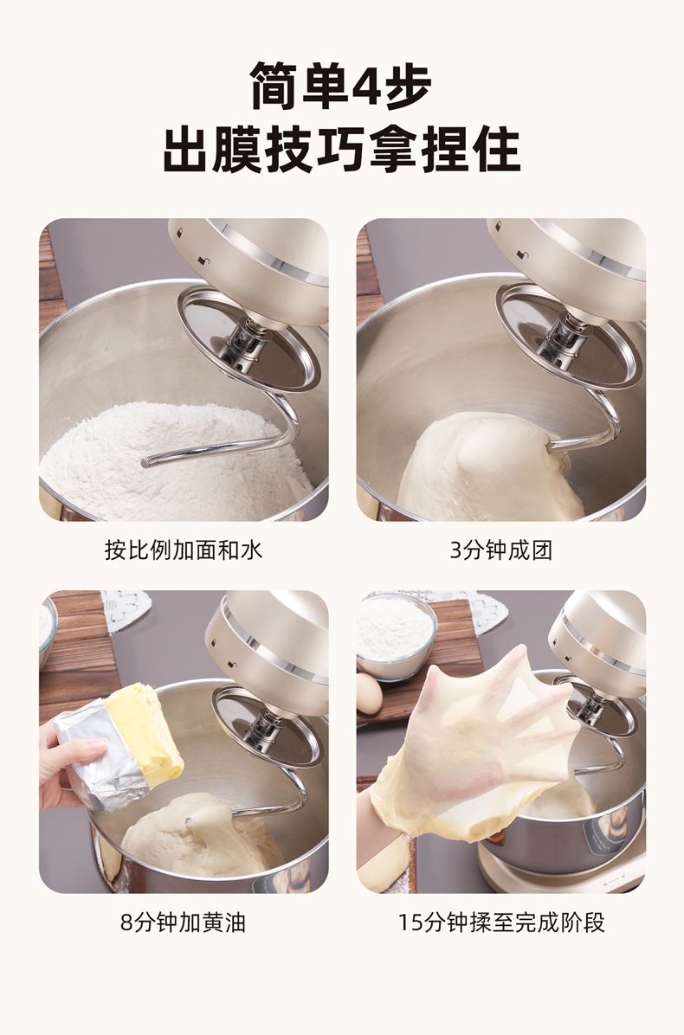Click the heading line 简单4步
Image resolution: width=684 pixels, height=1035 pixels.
341,86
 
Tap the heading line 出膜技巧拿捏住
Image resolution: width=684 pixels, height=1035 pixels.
341,150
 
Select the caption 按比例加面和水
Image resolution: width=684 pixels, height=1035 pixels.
184,550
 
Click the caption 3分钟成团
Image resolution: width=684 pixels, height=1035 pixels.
501,550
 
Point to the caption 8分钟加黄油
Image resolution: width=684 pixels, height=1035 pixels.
183,922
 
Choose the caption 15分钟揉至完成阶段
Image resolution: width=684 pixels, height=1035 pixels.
501,922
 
